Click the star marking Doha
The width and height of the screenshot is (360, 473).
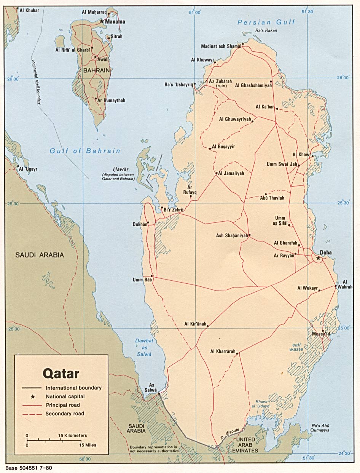(x=318, y=259)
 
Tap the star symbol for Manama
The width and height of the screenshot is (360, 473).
(x=102, y=21)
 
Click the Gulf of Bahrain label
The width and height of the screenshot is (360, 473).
(x=85, y=151)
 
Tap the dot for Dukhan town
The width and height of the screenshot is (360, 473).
(x=148, y=223)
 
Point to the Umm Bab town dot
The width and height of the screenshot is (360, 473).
(x=152, y=276)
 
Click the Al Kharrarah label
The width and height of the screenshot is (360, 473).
(x=223, y=351)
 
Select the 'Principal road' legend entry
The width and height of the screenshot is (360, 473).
(x=63, y=405)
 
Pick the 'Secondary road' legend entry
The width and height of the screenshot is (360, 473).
(x=65, y=414)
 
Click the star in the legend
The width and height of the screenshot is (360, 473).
(x=37, y=396)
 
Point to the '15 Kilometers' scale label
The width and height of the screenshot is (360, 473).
(x=73, y=435)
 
